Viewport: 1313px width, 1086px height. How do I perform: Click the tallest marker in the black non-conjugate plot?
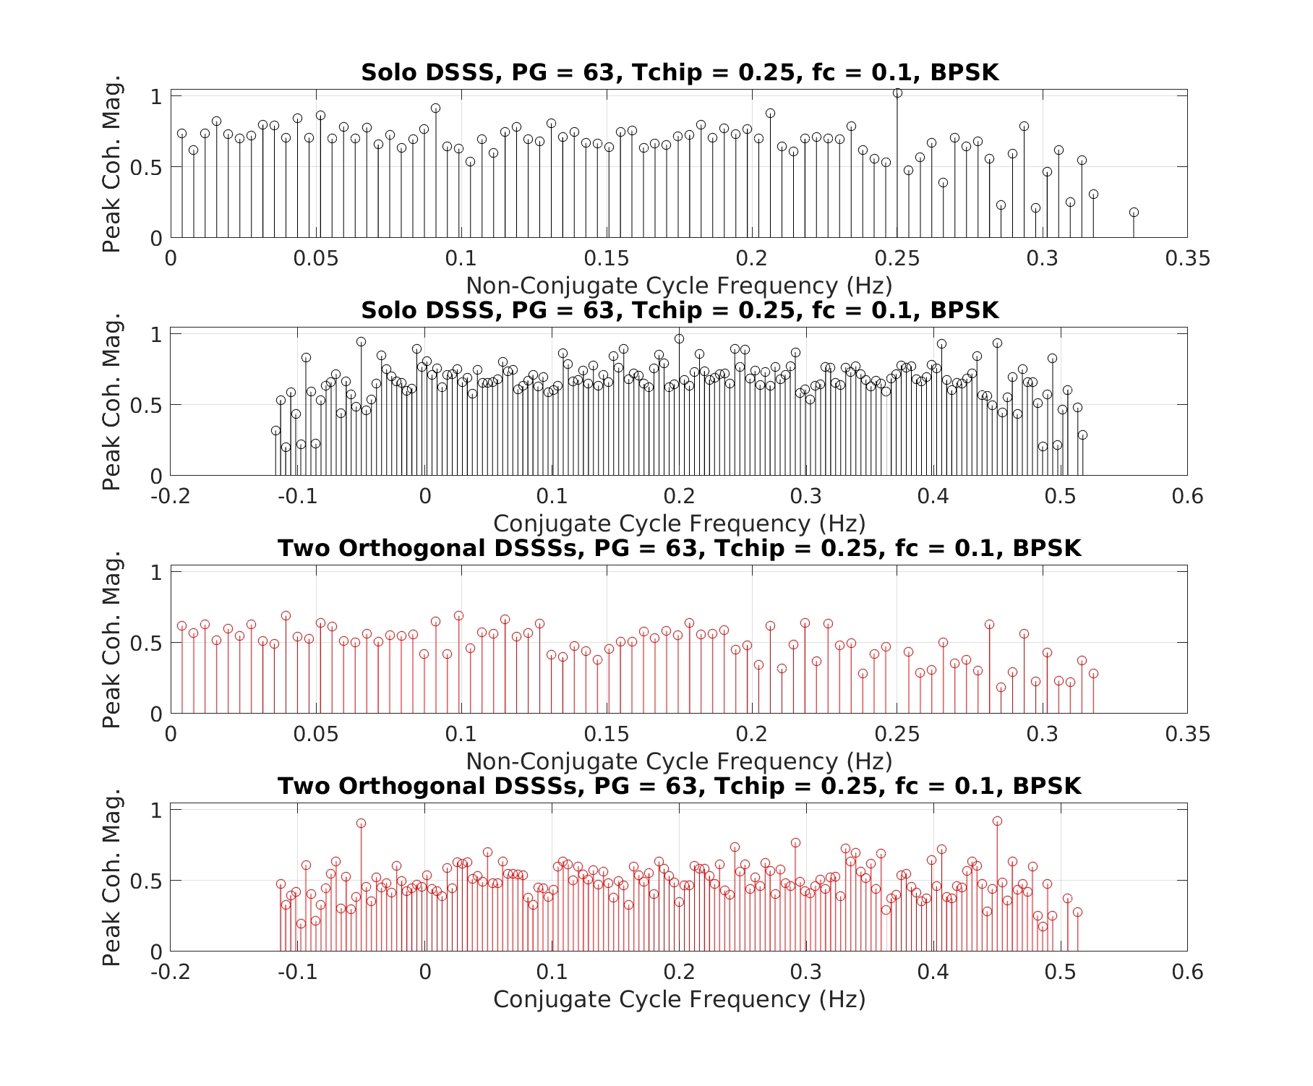click(x=897, y=93)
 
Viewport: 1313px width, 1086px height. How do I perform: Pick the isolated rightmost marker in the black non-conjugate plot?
click(x=1134, y=213)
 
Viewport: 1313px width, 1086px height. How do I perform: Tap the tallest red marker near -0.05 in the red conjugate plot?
click(x=362, y=824)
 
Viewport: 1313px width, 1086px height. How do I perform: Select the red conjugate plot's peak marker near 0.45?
click(x=997, y=821)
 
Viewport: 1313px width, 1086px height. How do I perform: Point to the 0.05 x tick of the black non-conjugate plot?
click(x=316, y=259)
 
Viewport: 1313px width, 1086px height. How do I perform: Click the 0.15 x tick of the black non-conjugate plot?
click(x=607, y=259)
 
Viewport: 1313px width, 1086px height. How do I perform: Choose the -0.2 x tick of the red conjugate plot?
click(x=171, y=972)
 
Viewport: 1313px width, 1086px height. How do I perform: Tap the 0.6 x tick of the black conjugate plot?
click(x=1187, y=497)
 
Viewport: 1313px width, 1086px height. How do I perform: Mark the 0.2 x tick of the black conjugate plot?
click(x=679, y=497)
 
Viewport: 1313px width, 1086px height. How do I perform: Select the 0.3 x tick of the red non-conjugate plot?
click(x=1042, y=735)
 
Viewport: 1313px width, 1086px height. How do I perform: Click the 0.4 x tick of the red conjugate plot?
click(x=933, y=972)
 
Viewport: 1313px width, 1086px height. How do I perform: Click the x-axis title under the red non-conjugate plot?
click(x=679, y=761)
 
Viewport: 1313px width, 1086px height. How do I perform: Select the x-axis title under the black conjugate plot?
click(x=679, y=523)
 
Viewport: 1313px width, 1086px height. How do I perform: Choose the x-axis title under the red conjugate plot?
click(x=679, y=999)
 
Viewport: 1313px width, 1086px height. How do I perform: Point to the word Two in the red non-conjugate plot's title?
click(x=304, y=549)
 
